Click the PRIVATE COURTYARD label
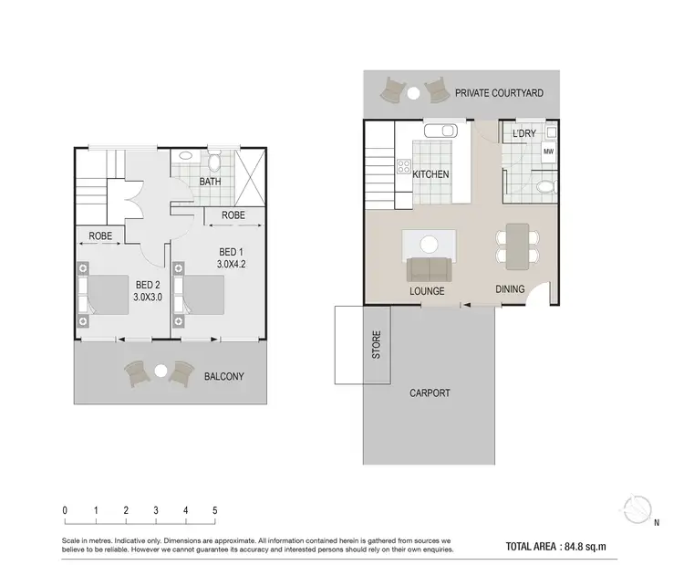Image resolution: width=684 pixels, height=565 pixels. click(x=499, y=92)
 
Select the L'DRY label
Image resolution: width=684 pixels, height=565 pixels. click(x=523, y=133)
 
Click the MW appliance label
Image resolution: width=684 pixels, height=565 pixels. click(x=548, y=152)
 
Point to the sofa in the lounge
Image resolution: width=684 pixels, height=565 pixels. click(x=428, y=269)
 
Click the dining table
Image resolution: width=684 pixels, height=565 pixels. click(x=516, y=246)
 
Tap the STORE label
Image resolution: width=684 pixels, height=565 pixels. click(x=376, y=344)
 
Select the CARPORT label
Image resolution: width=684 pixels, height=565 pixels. click(x=429, y=393)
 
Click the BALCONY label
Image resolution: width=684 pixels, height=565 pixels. click(x=223, y=376)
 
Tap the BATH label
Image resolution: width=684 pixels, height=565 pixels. click(x=211, y=182)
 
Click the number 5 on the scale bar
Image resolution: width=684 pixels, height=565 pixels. click(x=215, y=510)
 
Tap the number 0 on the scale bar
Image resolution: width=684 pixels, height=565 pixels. click(x=65, y=510)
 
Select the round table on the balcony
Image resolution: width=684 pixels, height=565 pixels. click(x=161, y=371)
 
